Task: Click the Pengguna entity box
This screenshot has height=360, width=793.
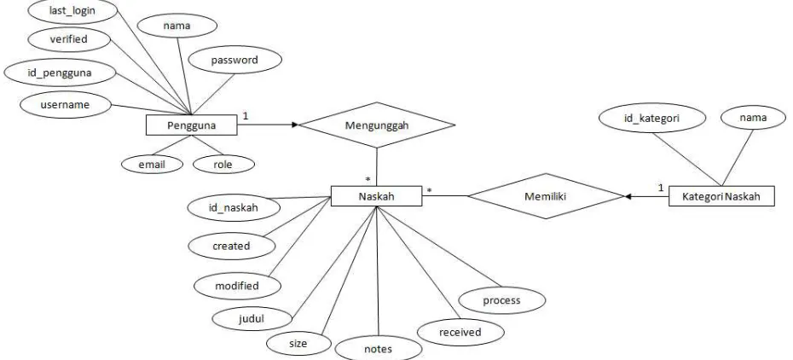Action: tap(191, 125)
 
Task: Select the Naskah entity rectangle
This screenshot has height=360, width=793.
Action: tap(376, 195)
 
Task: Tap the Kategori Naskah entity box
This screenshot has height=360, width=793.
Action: tap(721, 195)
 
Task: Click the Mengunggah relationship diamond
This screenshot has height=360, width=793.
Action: tap(377, 125)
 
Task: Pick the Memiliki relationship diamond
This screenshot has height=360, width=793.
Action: tap(546, 196)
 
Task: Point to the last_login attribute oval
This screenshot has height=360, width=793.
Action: tap(72, 12)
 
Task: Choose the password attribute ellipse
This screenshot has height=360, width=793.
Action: tap(234, 61)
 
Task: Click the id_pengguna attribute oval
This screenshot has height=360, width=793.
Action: tap(60, 73)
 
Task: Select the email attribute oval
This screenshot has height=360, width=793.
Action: tap(152, 164)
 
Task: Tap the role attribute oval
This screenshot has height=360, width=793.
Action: tap(223, 165)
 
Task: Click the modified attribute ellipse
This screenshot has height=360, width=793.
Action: tap(237, 286)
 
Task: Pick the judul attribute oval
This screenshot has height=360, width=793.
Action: tap(252, 319)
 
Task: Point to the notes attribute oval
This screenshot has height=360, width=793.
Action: tap(379, 348)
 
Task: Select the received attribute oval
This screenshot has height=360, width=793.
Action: tap(460, 332)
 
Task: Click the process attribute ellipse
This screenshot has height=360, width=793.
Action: tap(501, 300)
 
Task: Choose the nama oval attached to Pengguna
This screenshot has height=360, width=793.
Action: tap(177, 26)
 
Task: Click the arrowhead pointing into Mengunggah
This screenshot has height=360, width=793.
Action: tap(295, 125)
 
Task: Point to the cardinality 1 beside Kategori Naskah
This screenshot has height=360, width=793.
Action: tap(661, 188)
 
